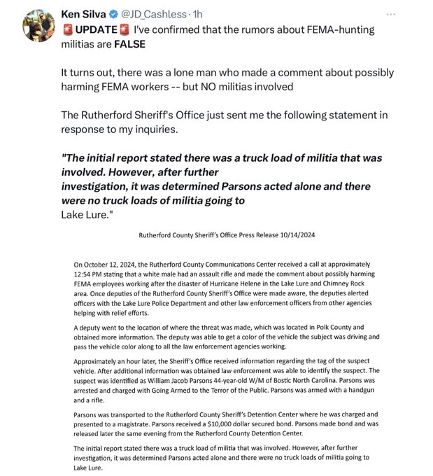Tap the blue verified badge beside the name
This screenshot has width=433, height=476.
(x=116, y=15)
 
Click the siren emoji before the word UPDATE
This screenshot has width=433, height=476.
(x=67, y=30)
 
